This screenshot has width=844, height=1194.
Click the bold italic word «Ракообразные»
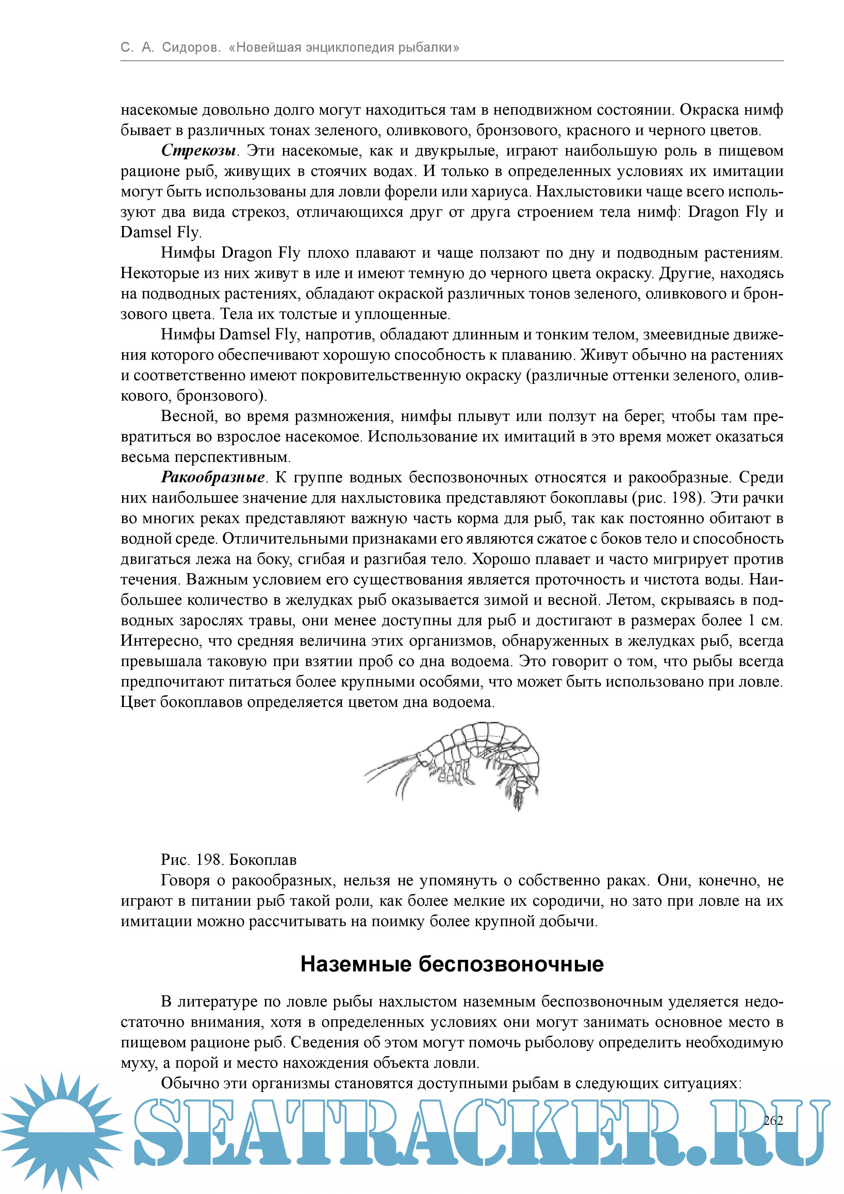point(213,478)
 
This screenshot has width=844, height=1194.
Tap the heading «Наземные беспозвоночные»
point(452,964)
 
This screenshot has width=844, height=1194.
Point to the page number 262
point(773,1121)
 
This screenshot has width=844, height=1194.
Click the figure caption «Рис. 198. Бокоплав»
point(229,860)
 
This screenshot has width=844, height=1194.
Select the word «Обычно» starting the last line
point(188,1083)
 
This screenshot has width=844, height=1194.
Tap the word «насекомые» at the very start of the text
point(159,110)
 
